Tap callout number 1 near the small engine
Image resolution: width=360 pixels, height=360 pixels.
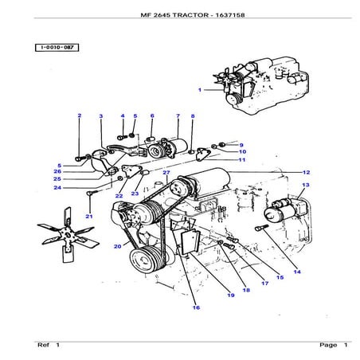point(201,90)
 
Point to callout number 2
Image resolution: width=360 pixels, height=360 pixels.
point(80,117)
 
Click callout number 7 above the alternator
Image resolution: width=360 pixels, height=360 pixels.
point(176,117)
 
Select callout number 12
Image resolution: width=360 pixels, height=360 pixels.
point(306,172)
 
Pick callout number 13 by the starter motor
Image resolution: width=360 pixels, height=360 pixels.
point(304,186)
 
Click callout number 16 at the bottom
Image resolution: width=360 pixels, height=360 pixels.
point(195,308)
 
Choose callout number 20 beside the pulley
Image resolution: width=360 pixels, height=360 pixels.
point(117,247)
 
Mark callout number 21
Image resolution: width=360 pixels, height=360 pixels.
point(89,217)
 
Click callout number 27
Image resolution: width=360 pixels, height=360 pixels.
point(166,173)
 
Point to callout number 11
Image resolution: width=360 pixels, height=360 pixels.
point(242,160)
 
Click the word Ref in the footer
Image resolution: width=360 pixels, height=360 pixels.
point(43,345)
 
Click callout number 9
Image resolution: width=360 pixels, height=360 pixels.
point(241,145)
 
